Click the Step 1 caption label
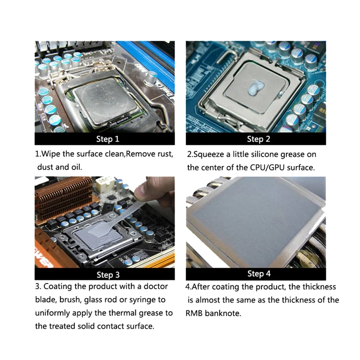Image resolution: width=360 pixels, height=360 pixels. tap(108, 139)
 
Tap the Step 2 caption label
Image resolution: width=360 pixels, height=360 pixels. tap(259, 139)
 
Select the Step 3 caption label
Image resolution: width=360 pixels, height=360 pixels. tap(108, 274)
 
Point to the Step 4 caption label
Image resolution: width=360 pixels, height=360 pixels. tap(259, 274)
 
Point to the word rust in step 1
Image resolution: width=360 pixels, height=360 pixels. tap(164, 154)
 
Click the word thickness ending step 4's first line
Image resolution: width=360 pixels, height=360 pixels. tap(319, 287)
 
